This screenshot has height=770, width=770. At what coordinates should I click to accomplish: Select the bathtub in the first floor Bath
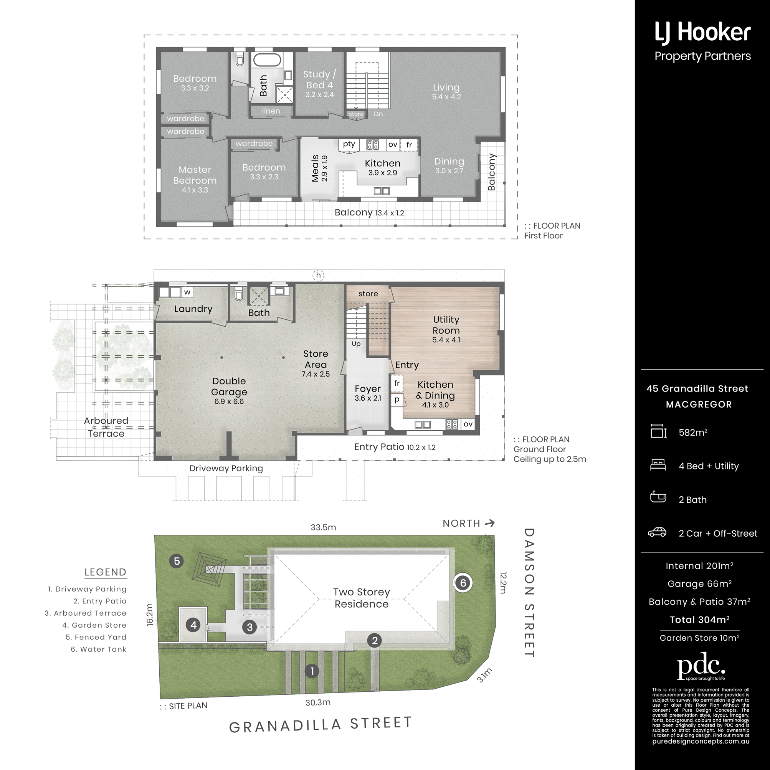coord(267,60)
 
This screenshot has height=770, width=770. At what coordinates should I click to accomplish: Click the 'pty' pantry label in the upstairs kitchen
coord(349,144)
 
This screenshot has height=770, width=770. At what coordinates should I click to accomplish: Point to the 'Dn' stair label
coord(378,114)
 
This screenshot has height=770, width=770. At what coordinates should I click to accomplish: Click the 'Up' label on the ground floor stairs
coord(356,344)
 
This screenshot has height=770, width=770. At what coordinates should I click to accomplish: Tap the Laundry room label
coord(193,309)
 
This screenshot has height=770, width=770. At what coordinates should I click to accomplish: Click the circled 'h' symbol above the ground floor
coord(319,275)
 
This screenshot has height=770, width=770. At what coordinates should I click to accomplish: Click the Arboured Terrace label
coord(106,427)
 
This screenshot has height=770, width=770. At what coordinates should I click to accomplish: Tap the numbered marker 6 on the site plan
coord(463,583)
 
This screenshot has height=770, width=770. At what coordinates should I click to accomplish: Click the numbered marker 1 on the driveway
coord(312,671)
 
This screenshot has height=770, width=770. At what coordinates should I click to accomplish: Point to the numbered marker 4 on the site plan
coord(194,625)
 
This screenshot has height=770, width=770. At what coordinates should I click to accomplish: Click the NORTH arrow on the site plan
coord(490,523)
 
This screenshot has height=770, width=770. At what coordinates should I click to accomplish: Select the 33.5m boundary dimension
coord(323,527)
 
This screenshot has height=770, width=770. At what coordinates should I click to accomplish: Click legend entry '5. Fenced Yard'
coord(96,637)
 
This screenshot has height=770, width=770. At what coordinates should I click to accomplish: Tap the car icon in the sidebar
coord(658,532)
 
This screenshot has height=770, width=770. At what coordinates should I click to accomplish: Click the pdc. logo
coord(701,666)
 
